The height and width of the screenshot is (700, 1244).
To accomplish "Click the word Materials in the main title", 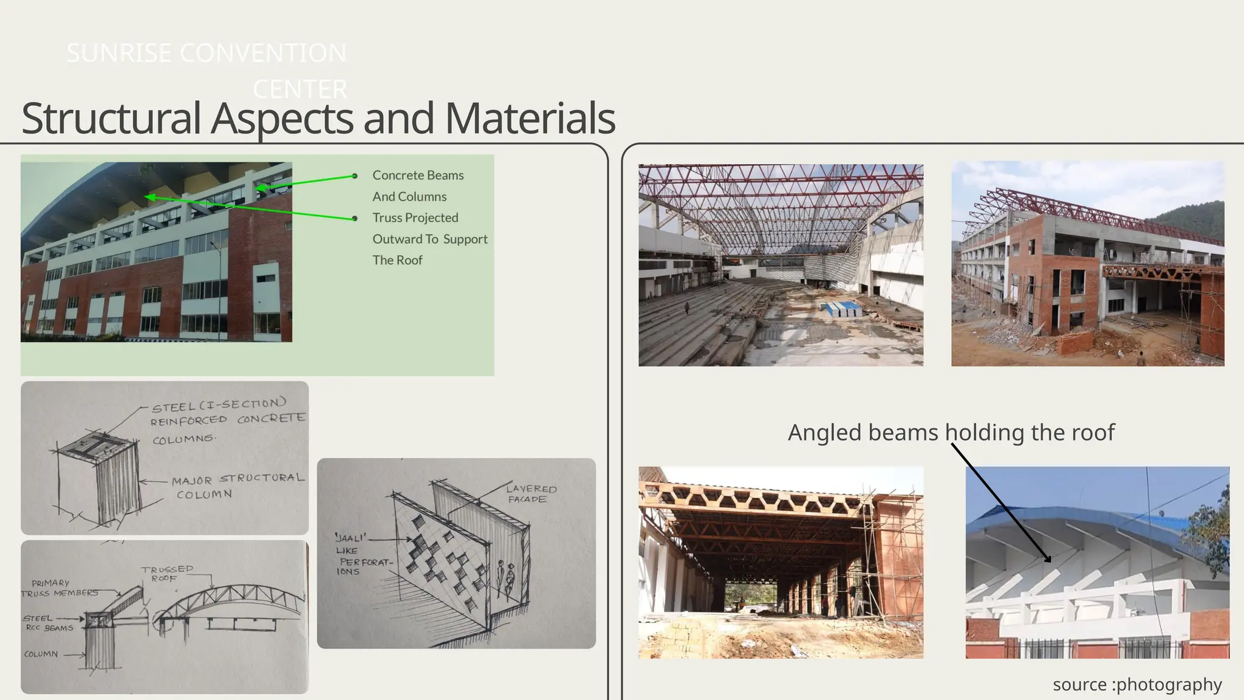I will click(x=530, y=118).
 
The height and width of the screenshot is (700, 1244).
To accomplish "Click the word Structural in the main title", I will click(x=111, y=118).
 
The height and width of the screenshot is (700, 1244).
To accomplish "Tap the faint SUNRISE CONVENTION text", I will click(x=207, y=53).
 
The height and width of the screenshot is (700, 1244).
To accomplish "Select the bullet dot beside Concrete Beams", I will click(x=355, y=176).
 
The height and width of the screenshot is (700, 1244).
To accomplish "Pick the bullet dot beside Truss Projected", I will click(x=355, y=218).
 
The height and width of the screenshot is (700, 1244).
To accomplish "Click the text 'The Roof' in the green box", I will click(x=397, y=260).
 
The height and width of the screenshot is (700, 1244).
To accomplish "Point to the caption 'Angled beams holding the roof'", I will click(x=951, y=433).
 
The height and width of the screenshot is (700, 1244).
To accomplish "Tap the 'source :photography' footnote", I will click(x=1136, y=684).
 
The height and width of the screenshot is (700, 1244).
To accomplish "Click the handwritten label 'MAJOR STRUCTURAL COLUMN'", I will click(x=237, y=487).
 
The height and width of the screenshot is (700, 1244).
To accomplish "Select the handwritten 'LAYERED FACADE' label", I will click(x=531, y=493).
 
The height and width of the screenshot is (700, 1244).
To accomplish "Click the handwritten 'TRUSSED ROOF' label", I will click(x=167, y=573).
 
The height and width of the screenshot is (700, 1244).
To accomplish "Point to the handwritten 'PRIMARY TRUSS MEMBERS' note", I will click(x=59, y=588).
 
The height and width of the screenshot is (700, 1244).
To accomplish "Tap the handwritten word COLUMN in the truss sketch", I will click(x=41, y=654).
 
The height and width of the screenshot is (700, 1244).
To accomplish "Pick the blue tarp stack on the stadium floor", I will click(x=843, y=309).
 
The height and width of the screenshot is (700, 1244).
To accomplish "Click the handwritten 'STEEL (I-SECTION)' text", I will click(x=219, y=405).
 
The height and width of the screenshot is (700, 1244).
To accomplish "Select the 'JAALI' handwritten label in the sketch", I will click(x=350, y=538).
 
